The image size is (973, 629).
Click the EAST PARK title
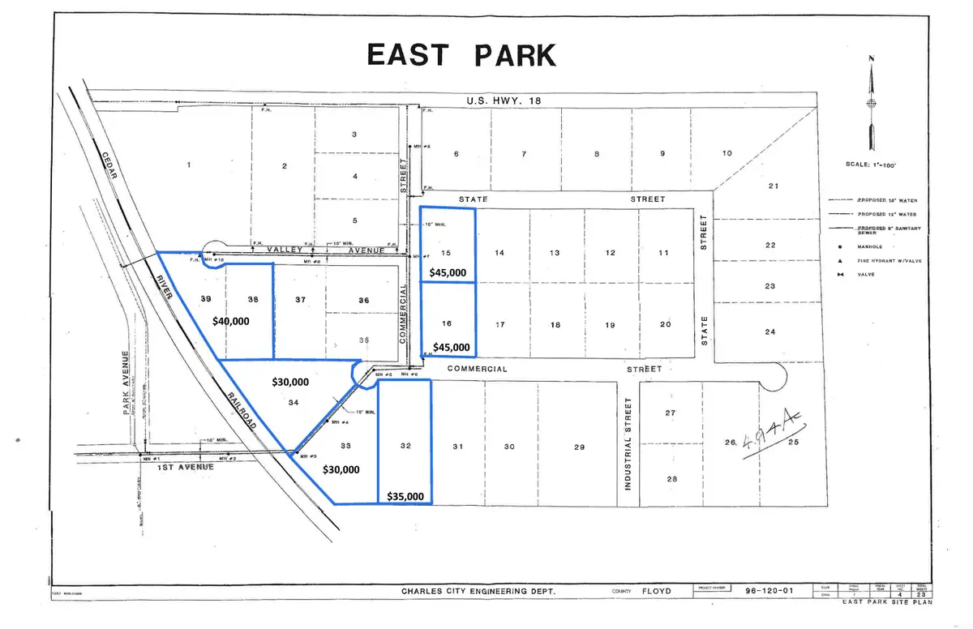(x=461, y=54)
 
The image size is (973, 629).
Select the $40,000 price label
(x=231, y=321)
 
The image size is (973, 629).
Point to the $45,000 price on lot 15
(x=448, y=273)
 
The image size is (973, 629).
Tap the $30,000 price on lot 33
(x=342, y=469)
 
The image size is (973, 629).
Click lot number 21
(x=773, y=186)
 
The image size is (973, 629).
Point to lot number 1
(x=188, y=165)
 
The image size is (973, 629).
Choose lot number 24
(x=770, y=332)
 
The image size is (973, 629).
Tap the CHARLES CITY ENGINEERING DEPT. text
(x=479, y=593)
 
